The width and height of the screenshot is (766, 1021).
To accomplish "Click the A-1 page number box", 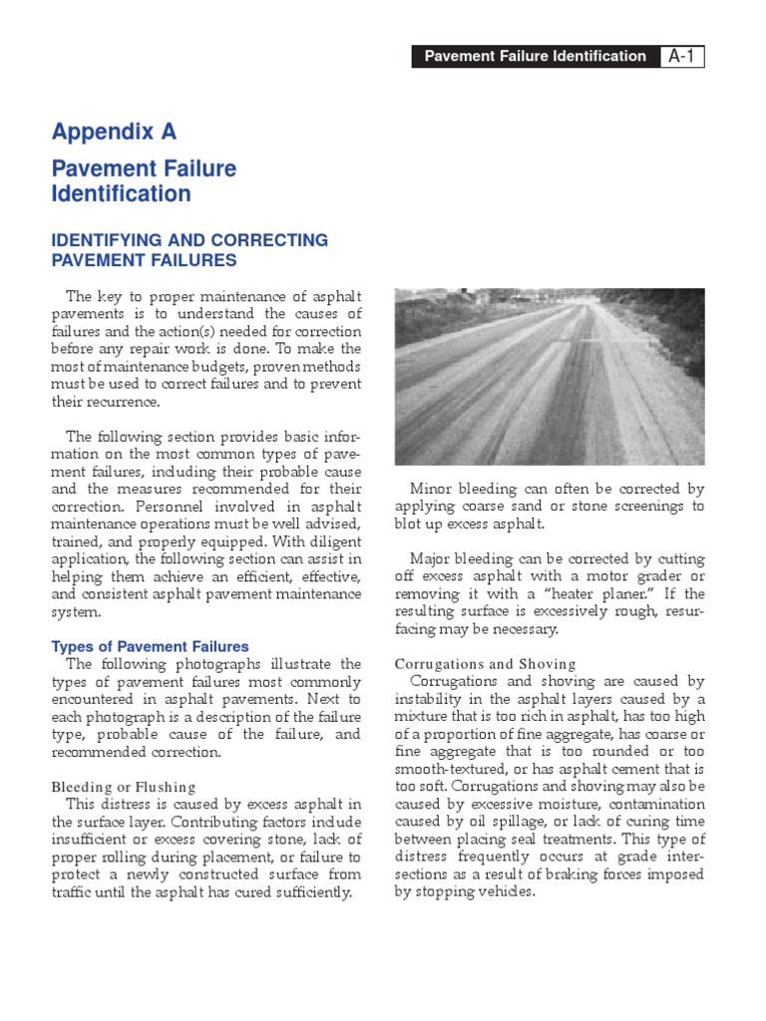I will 682,57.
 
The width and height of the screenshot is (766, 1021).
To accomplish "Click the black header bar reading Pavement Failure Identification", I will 535,57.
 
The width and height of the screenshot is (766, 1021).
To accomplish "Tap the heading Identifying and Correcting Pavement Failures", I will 190,250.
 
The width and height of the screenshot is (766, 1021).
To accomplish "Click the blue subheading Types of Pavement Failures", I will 150,647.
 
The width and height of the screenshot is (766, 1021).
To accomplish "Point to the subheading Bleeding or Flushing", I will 124,787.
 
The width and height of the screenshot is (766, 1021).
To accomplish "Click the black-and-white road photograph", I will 549,376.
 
